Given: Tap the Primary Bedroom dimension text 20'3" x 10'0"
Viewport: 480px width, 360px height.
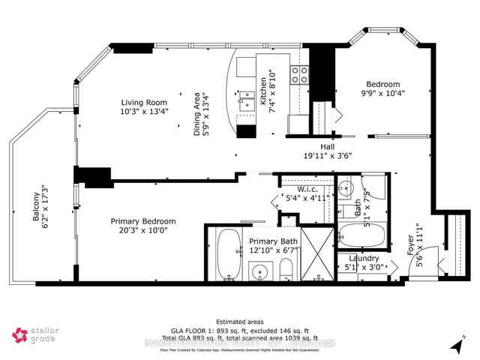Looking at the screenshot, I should pyautogui.click(x=143, y=232).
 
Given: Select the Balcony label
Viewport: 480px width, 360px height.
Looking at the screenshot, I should pyautogui.click(x=35, y=205).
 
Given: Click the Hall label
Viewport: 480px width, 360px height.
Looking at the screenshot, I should pyautogui.click(x=328, y=147).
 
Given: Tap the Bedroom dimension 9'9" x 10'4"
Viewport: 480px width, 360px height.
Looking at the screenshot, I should pyautogui.click(x=382, y=94).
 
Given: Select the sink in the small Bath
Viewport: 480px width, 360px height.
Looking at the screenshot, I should pyautogui.click(x=346, y=187).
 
